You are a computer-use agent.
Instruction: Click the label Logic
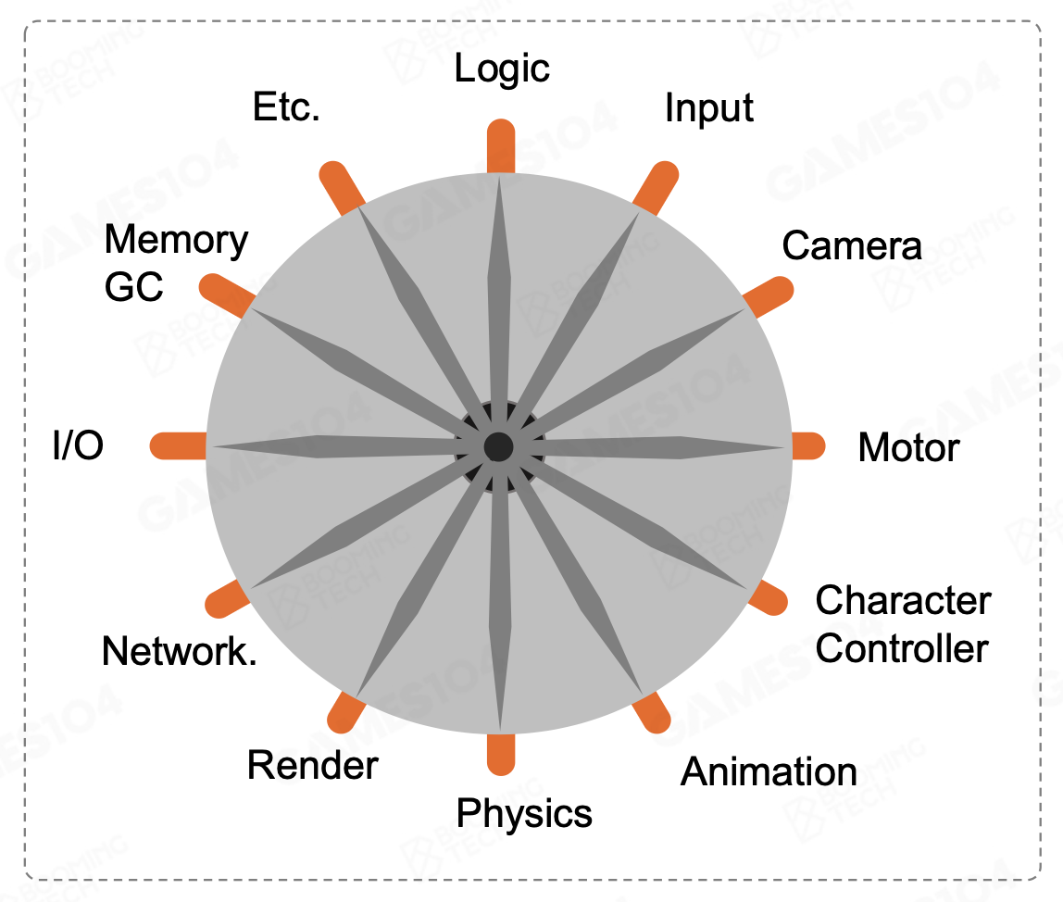click(x=502, y=69)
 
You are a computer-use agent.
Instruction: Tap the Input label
click(x=708, y=108)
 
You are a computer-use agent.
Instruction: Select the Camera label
click(x=851, y=245)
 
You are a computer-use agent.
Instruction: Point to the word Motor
click(x=908, y=448)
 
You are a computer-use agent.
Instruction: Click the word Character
click(x=903, y=600)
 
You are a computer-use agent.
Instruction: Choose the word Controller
click(x=902, y=648)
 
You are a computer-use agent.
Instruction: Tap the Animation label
click(x=769, y=771)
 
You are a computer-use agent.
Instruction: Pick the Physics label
click(x=524, y=813)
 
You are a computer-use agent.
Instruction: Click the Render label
click(x=313, y=766)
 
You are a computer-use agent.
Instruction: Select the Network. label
click(x=180, y=652)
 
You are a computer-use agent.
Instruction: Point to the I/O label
click(x=79, y=446)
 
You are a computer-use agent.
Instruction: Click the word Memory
click(x=176, y=240)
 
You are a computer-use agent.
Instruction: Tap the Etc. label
click(x=286, y=108)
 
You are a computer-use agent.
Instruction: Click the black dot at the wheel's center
click(x=499, y=446)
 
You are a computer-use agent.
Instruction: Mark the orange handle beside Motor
click(x=807, y=445)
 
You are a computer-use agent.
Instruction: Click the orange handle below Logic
click(x=500, y=146)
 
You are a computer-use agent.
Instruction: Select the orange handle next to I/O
click(x=179, y=445)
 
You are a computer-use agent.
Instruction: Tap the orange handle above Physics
click(x=500, y=752)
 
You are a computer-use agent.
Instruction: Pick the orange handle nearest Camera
click(x=769, y=294)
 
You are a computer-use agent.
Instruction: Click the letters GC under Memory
click(x=133, y=287)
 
